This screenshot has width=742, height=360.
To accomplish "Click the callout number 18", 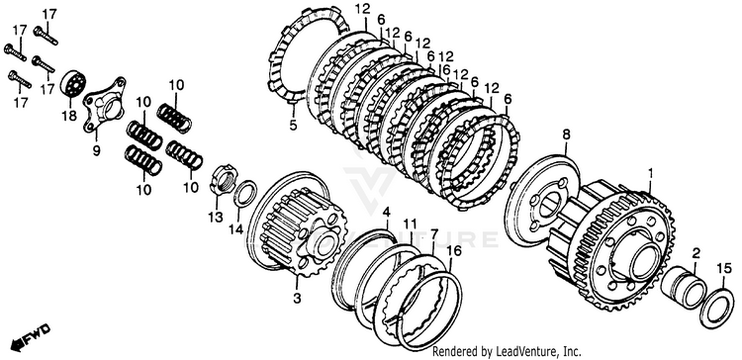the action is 69,116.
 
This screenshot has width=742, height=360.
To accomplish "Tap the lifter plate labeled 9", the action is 104,105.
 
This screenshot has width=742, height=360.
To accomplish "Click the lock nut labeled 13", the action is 223,178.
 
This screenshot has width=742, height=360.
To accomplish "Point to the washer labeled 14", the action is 245,193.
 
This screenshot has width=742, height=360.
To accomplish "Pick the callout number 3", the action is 297,299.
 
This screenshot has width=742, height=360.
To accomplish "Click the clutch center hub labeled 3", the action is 298,225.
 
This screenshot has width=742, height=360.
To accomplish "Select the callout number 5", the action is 293,126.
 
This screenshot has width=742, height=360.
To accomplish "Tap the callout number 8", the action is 567,135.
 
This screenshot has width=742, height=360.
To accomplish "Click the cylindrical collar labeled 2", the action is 684,288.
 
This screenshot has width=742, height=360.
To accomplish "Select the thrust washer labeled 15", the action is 717,308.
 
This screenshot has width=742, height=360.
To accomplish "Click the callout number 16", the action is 453,250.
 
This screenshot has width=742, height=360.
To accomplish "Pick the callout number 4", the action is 387,212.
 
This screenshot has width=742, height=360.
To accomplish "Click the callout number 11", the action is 410,223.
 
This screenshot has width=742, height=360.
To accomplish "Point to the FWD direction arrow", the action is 31,338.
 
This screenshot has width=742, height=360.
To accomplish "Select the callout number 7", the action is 434,234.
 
